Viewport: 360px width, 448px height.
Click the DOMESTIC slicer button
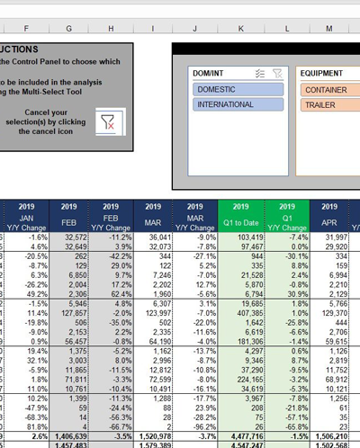pyautogui.click(x=238, y=90)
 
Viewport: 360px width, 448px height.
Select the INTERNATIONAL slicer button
pyautogui.click(x=238, y=104)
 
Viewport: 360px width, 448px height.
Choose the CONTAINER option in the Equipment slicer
pyautogui.click(x=329, y=90)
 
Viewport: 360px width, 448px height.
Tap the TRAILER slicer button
pyautogui.click(x=329, y=104)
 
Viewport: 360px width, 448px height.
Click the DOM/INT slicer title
pyautogui.click(x=209, y=73)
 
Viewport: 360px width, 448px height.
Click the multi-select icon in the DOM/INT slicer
pyautogui.click(x=259, y=73)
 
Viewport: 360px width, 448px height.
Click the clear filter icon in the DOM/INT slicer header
pyautogui.click(x=276, y=73)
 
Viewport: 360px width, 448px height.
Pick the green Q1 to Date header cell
pyautogui.click(x=240, y=220)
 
